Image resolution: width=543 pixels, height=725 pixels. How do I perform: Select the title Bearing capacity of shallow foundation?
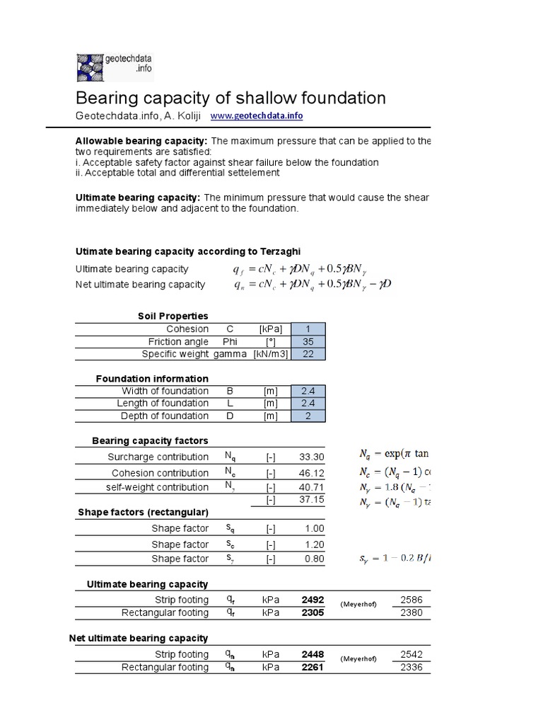230,98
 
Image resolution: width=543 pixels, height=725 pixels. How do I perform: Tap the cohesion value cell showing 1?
308,329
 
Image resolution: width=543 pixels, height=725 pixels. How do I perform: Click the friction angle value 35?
308,341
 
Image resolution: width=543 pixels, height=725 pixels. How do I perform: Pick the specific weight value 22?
308,354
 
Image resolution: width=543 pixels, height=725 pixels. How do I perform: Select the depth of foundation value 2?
308,416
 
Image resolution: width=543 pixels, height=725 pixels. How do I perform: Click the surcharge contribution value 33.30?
312,457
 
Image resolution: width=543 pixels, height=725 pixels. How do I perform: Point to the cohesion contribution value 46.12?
312,473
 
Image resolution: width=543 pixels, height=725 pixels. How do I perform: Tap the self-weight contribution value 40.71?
312,487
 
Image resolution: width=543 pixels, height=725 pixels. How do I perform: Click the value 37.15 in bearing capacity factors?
312,499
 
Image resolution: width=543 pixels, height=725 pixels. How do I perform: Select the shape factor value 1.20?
315,544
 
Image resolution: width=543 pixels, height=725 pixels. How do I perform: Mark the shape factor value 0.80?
315,559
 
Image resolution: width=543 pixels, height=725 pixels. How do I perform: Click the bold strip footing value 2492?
313,600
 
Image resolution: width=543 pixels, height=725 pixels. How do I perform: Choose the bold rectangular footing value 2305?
313,612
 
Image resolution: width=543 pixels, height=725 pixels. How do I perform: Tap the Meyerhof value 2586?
411,600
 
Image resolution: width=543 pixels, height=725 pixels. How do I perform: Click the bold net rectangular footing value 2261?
313,667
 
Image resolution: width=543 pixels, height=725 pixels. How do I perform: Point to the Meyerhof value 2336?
411,667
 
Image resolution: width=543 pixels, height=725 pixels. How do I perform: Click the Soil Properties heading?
173,316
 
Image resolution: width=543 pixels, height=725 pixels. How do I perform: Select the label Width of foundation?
165,391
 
